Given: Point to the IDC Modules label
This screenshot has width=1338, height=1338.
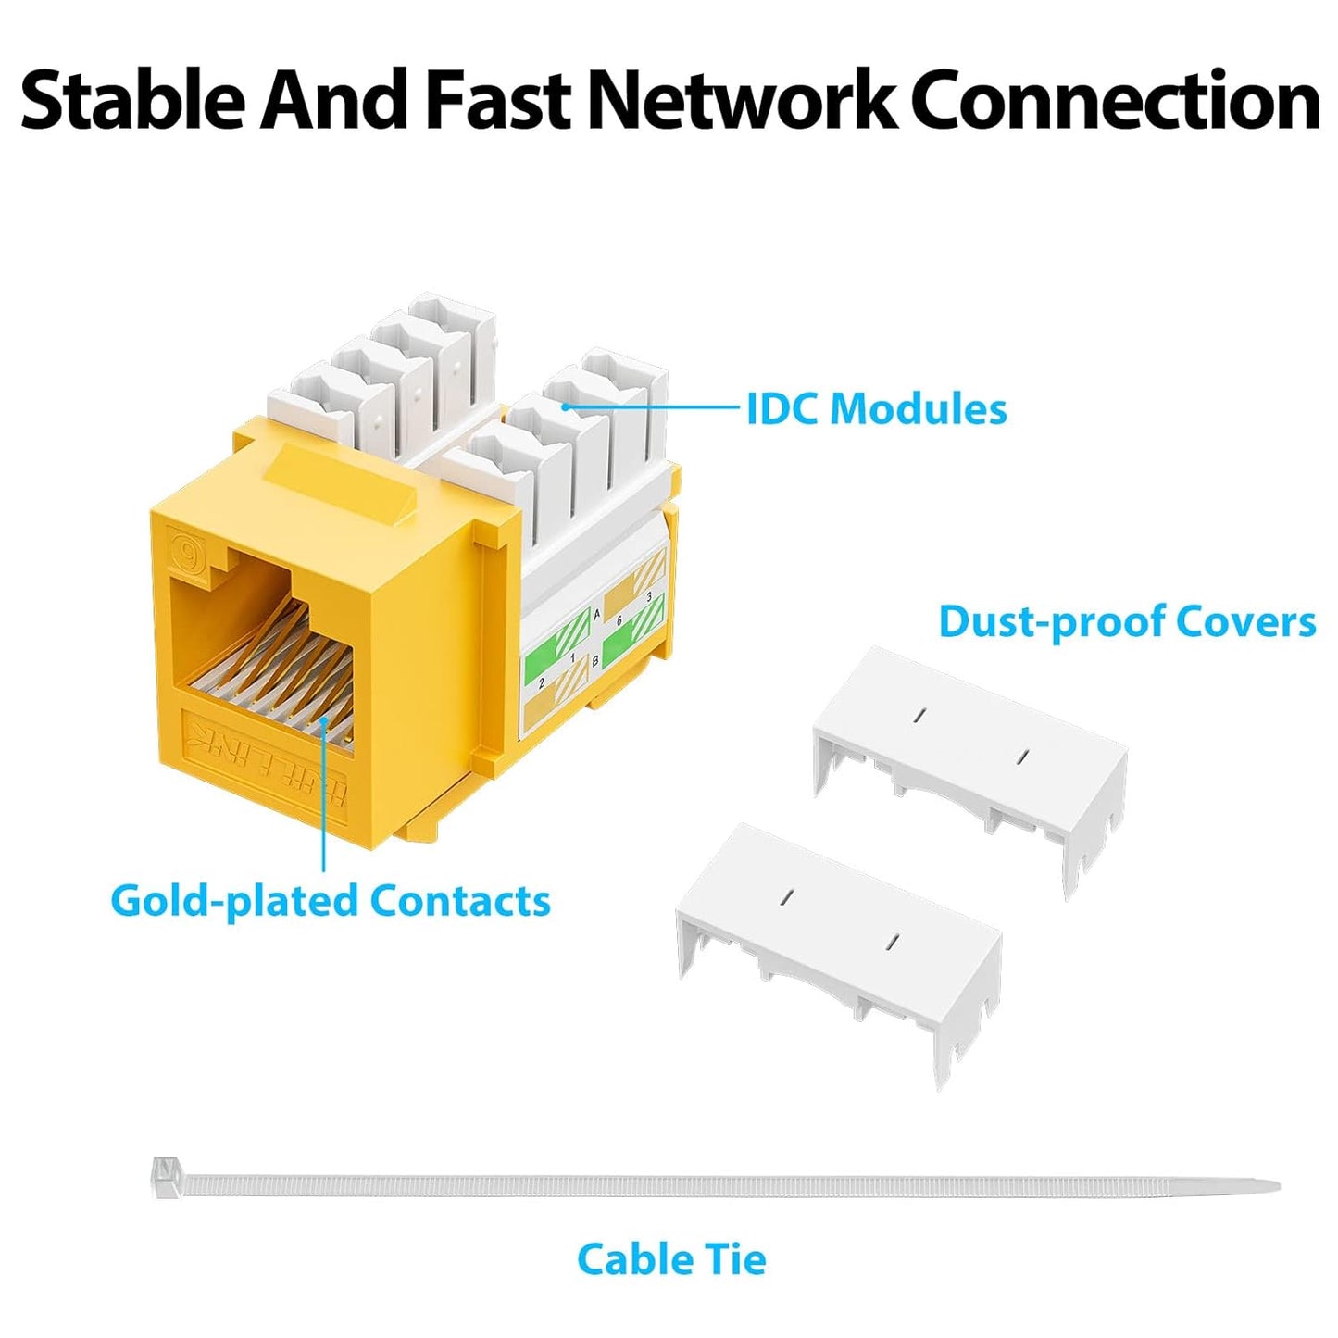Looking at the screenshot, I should pyautogui.click(x=876, y=409).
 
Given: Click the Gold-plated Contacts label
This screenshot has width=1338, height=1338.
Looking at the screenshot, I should pyautogui.click(x=330, y=901).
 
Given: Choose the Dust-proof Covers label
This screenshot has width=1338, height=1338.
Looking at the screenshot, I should pyautogui.click(x=1126, y=621).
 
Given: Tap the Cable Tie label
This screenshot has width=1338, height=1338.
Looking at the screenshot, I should pyautogui.click(x=671, y=1259).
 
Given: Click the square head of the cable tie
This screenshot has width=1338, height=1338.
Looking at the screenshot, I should pyautogui.click(x=165, y=1174).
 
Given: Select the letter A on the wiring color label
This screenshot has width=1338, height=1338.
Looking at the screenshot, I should pyautogui.click(x=596, y=615).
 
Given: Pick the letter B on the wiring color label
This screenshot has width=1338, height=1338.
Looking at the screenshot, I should pyautogui.click(x=594, y=661).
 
